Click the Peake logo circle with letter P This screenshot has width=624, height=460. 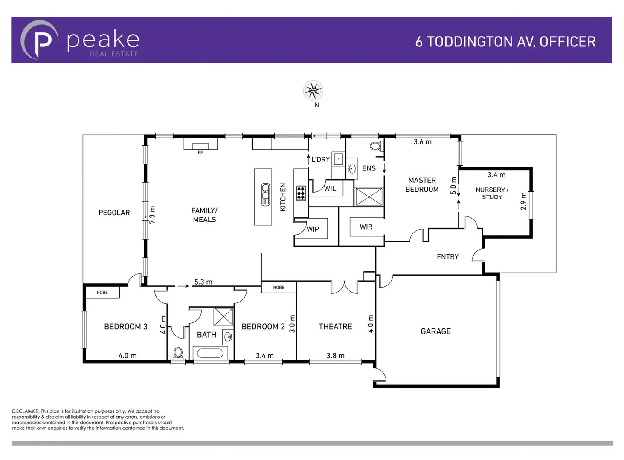(40, 40)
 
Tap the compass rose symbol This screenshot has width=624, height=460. (313, 90)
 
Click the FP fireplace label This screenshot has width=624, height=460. (200, 152)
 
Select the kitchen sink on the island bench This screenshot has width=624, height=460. (265, 194)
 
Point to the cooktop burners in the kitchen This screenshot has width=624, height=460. (301, 193)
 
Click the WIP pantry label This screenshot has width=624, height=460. (313, 229)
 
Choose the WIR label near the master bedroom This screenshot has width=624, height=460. (366, 227)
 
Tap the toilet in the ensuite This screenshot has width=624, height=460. (375, 147)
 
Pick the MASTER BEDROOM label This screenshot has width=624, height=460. (422, 185)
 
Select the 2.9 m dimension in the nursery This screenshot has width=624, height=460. (523, 201)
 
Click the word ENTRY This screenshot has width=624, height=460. (447, 257)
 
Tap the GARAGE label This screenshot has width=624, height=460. (435, 331)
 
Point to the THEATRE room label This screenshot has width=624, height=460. (335, 327)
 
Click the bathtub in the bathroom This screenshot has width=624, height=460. (209, 354)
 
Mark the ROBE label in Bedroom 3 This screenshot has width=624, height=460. (102, 293)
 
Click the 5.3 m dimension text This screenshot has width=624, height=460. (203, 282)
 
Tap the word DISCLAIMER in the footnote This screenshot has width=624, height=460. (26, 411)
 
